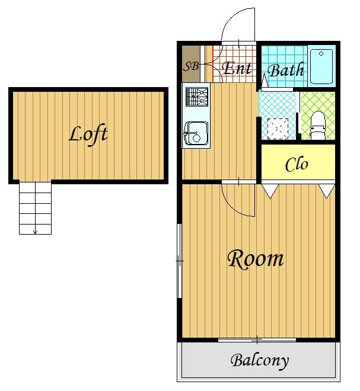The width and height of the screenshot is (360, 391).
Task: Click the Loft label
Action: point(88,135)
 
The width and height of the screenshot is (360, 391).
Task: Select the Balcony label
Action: point(259,361)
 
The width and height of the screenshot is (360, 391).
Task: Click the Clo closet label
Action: point(297,164)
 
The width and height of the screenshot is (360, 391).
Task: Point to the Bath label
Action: point(286,70)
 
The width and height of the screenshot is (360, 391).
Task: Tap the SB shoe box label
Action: point(191,66)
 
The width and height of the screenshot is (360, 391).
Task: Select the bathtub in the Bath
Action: point(321,66)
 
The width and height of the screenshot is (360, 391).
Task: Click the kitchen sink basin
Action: point(196,134)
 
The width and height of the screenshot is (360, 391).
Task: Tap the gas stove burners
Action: point(197,97)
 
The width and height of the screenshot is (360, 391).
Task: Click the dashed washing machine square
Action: point(278,129)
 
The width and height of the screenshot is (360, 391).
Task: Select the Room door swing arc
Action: point(234,207)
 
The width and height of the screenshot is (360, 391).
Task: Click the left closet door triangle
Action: point(270,191)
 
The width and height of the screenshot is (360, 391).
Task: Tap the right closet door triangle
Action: point(327,191)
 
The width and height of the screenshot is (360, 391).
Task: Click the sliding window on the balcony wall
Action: point(257,339)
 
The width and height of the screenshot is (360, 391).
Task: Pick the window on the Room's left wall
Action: point(179,261)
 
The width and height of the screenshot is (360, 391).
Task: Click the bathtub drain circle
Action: point(321,53)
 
